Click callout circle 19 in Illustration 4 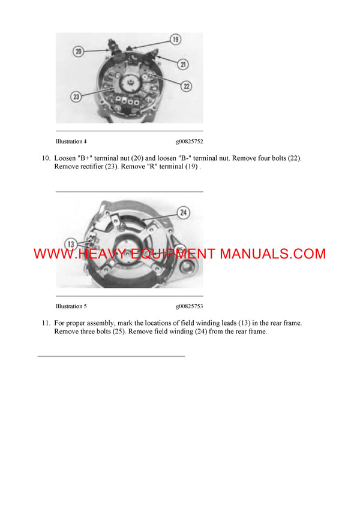[x=175, y=40]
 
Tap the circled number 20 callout [x=79, y=52]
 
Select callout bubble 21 [x=183, y=64]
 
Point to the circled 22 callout [x=186, y=86]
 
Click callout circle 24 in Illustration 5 [x=183, y=212]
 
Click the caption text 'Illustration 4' [x=71, y=142]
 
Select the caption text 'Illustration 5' [x=71, y=306]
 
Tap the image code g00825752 [x=189, y=142]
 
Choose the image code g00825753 [x=189, y=306]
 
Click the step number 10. [x=46, y=158]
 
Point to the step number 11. [x=46, y=323]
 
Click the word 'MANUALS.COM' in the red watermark [x=273, y=254]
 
